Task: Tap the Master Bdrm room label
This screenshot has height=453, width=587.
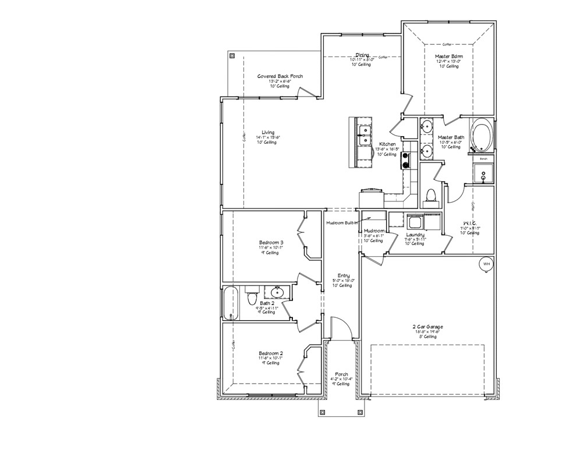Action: pyautogui.click(x=448, y=56)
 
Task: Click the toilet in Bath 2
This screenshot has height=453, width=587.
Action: pyautogui.click(x=252, y=298)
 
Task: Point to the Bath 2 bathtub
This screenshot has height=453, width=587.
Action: pyautogui.click(x=231, y=303)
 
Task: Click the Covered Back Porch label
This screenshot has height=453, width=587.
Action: pyautogui.click(x=280, y=76)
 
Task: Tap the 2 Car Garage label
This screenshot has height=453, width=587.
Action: pyautogui.click(x=424, y=327)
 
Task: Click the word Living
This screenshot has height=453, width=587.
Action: pyautogui.click(x=268, y=132)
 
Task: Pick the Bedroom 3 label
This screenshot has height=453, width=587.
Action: pyautogui.click(x=271, y=242)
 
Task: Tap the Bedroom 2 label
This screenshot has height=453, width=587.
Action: pyautogui.click(x=271, y=353)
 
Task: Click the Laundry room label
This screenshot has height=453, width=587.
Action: pyautogui.click(x=415, y=235)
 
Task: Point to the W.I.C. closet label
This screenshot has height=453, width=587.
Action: pyautogui.click(x=470, y=223)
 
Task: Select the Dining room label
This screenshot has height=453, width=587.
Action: pyautogui.click(x=363, y=55)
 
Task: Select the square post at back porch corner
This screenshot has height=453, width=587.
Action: pyautogui.click(x=232, y=56)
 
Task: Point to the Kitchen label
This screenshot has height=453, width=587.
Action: pyautogui.click(x=388, y=144)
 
